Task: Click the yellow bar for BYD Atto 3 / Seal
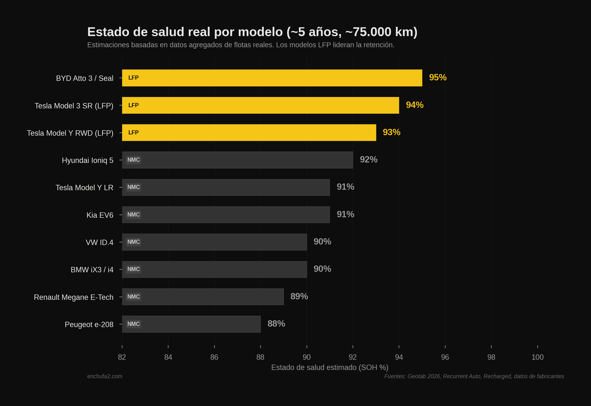272,78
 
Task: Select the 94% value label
414,105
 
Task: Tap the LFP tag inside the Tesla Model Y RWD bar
133,132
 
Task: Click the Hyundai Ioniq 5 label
87,160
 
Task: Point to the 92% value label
368,160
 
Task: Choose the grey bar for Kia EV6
226,215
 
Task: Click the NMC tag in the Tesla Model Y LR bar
133,187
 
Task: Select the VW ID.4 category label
99,242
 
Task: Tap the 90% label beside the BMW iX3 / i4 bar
322,269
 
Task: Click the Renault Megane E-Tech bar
203,297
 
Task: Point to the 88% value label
276,324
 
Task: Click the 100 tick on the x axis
537,357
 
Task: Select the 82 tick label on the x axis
122,357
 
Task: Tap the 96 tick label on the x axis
445,357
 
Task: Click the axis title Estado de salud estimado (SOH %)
329,367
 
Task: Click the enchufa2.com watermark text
105,376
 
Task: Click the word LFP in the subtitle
324,45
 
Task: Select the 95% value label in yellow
437,78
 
